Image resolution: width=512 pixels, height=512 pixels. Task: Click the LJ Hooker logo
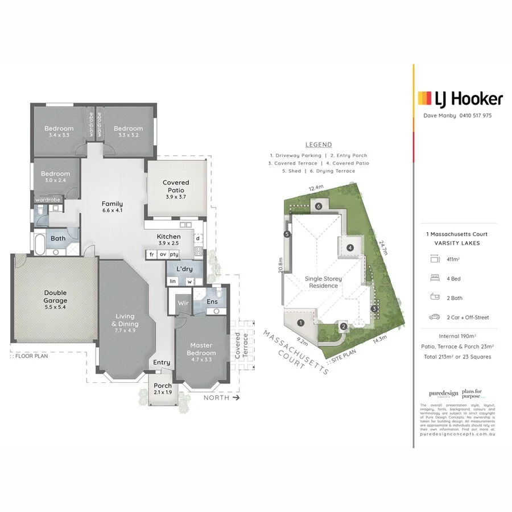[x=460, y=99]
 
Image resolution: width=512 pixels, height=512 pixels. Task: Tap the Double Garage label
[x=55, y=296]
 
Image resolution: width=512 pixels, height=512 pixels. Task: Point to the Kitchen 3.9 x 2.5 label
[x=169, y=240]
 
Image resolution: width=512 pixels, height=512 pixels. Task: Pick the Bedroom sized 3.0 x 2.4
[x=55, y=177]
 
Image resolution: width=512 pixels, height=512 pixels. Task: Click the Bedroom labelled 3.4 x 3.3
[x=59, y=132]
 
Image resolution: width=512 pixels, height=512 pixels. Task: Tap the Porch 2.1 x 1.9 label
[x=163, y=389]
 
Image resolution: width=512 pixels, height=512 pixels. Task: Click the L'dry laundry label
[x=183, y=268]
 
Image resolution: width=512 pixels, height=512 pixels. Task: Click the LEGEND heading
[x=319, y=144]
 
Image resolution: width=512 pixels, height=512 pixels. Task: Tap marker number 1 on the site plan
[x=300, y=323]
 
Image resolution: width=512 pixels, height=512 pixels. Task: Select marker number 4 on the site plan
[x=350, y=247]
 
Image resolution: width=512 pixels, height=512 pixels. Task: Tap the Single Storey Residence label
[x=321, y=282]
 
